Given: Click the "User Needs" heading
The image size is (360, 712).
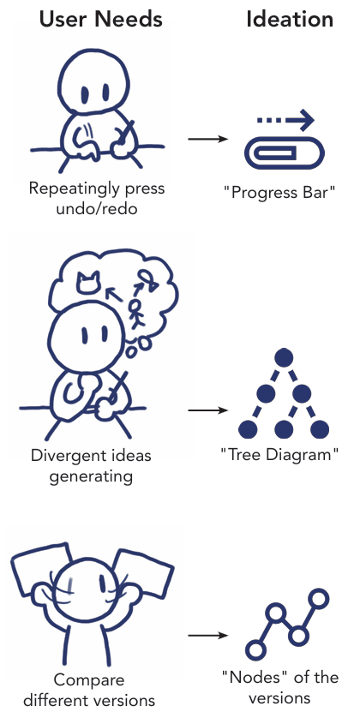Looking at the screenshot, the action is click(x=100, y=20).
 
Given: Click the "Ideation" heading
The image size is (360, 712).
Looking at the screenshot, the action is click(x=290, y=20).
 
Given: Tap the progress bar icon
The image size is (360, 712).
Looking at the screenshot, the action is click(x=285, y=153).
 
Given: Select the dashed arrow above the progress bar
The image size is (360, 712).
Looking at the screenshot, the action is click(x=285, y=120).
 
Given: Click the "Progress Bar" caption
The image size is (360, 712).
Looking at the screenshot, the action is click(x=279, y=193).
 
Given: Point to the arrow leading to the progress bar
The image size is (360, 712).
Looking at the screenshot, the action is click(x=207, y=139).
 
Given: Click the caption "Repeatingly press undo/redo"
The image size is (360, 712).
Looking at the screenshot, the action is click(x=96, y=199).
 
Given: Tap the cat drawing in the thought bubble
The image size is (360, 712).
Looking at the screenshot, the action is click(x=87, y=282).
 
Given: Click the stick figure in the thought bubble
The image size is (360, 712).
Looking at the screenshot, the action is click(x=135, y=313).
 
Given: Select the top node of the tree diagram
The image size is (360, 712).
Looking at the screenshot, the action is click(x=284, y=358).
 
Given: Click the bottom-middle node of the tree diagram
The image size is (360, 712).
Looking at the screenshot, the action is click(x=284, y=429).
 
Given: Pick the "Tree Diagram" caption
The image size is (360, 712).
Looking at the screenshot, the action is click(x=279, y=455).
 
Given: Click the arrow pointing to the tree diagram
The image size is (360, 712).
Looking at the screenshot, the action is click(x=207, y=410).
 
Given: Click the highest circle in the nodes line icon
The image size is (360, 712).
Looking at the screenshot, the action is click(x=319, y=599).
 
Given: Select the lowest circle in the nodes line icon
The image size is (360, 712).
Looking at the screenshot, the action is click(x=255, y=649).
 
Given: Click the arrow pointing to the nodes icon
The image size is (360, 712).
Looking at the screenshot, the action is click(x=207, y=635).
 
